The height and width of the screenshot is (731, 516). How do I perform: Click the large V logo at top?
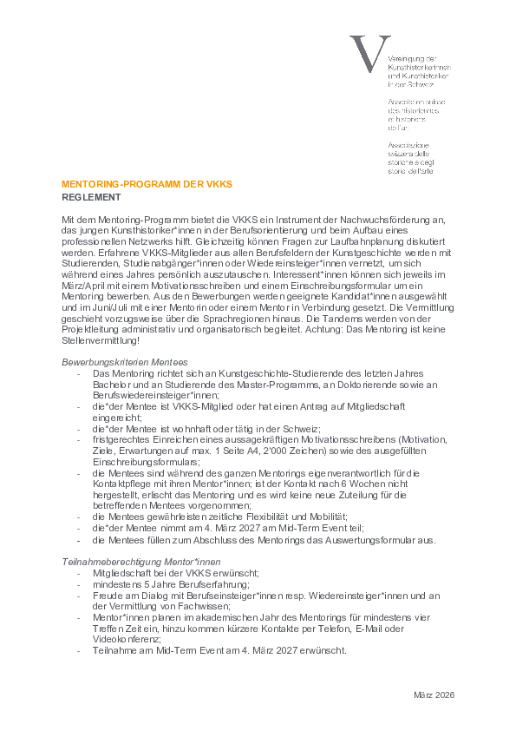tap(365, 54)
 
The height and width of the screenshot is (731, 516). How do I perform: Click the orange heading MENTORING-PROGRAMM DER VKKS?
tap(147, 185)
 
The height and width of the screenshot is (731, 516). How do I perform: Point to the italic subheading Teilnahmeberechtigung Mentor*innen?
tap(135, 562)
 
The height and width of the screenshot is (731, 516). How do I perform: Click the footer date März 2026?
tap(434, 695)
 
